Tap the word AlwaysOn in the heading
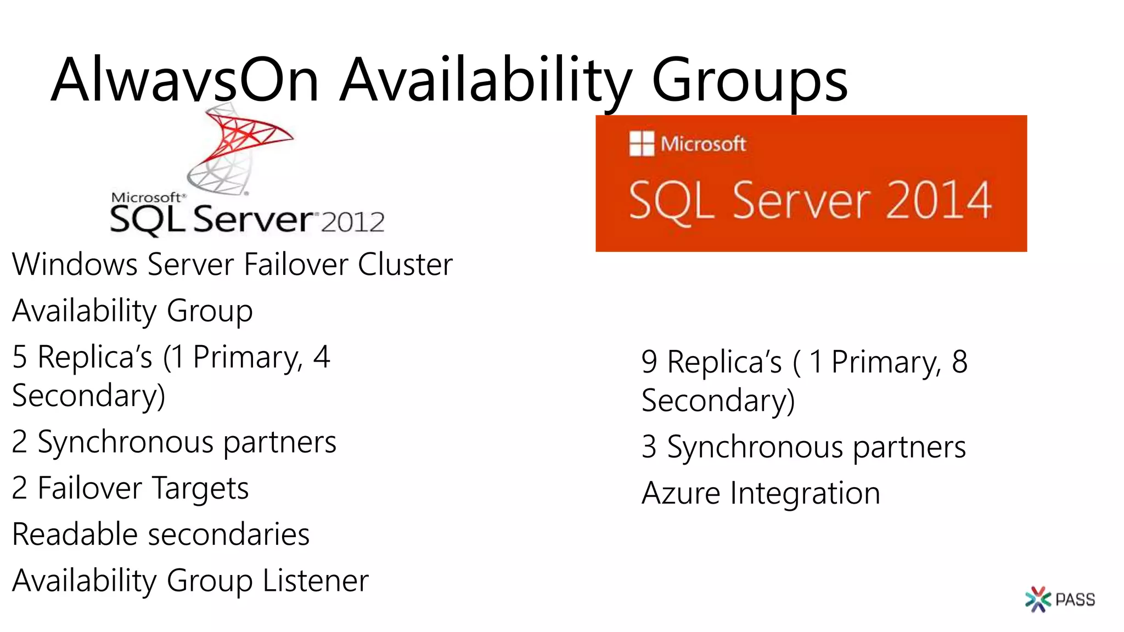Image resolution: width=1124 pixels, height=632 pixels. coord(185,80)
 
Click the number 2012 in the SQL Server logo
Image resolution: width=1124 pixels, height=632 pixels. coord(352,222)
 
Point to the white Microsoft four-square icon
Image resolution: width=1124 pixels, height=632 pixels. coord(642,144)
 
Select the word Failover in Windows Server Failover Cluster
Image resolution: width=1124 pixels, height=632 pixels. coord(295,264)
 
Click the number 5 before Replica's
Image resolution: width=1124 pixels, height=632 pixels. coord(20,357)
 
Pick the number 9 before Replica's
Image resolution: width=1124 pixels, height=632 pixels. coord(649,362)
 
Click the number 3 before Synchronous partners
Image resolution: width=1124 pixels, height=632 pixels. coord(649,447)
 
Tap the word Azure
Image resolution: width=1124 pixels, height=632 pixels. coord(681,493)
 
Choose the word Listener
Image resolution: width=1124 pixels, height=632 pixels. coord(316,580)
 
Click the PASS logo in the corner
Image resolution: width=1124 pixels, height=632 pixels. coord(1060,599)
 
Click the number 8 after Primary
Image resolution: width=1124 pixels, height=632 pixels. coord(959,362)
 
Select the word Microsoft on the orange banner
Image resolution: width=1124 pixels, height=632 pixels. coord(703,144)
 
